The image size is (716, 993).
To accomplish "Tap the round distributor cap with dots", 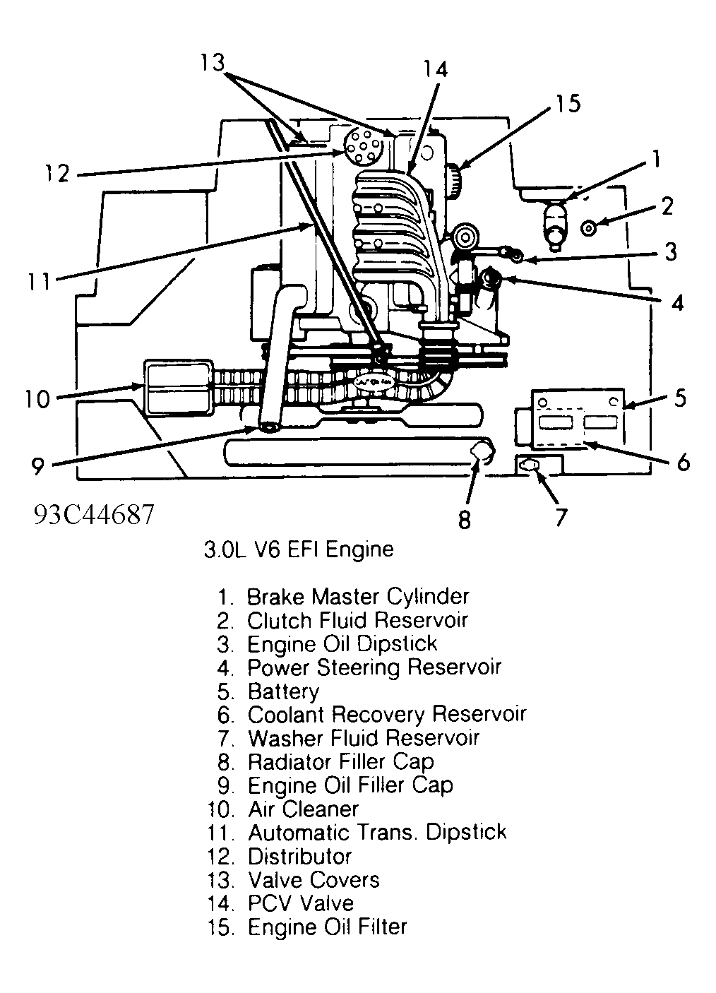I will (363, 147).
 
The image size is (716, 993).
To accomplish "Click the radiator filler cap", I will (479, 453).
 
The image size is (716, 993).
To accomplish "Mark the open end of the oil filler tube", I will (268, 427).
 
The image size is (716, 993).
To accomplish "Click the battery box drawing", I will (578, 419).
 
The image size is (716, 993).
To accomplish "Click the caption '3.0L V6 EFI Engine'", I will (298, 549).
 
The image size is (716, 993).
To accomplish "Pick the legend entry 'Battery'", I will (283, 691).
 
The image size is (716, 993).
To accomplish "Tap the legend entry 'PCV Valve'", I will (300, 903).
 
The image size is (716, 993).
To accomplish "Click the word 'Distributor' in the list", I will (299, 856).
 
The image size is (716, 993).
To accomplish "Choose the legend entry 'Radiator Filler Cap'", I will (340, 762).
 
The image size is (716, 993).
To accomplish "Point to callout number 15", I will (566, 103).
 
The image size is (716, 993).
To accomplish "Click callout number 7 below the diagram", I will (559, 518).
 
